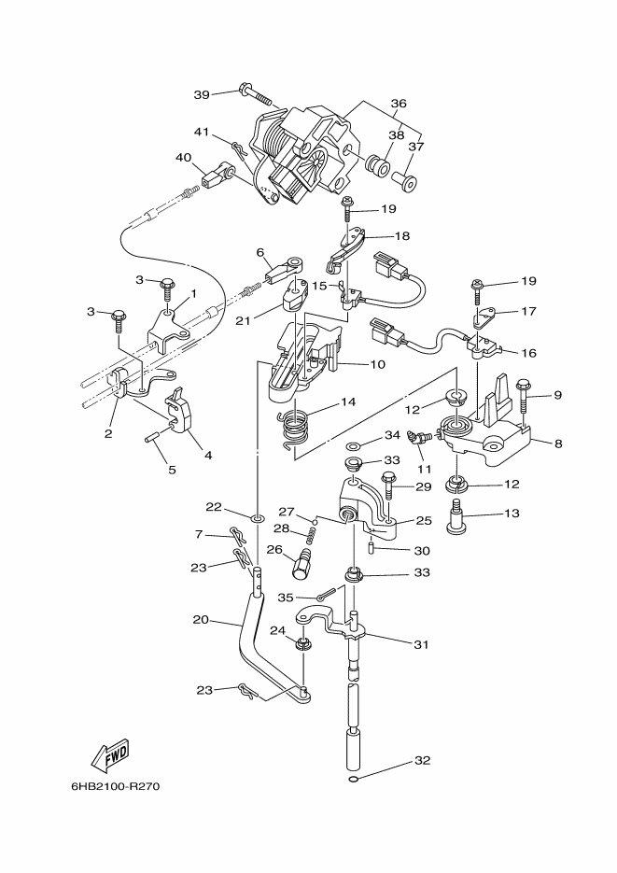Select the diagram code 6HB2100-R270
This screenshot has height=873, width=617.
click(x=115, y=787)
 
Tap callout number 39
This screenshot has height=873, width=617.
click(x=202, y=94)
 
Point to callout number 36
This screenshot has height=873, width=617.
click(x=399, y=103)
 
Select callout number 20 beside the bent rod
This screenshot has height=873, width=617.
click(x=201, y=619)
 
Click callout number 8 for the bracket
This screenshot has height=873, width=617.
click(x=558, y=444)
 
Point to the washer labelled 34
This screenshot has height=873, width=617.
click(x=353, y=446)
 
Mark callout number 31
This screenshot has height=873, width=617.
click(x=421, y=644)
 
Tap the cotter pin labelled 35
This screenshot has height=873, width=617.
click(x=327, y=594)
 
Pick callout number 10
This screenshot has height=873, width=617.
click(x=377, y=365)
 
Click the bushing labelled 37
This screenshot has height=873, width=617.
click(x=404, y=181)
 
